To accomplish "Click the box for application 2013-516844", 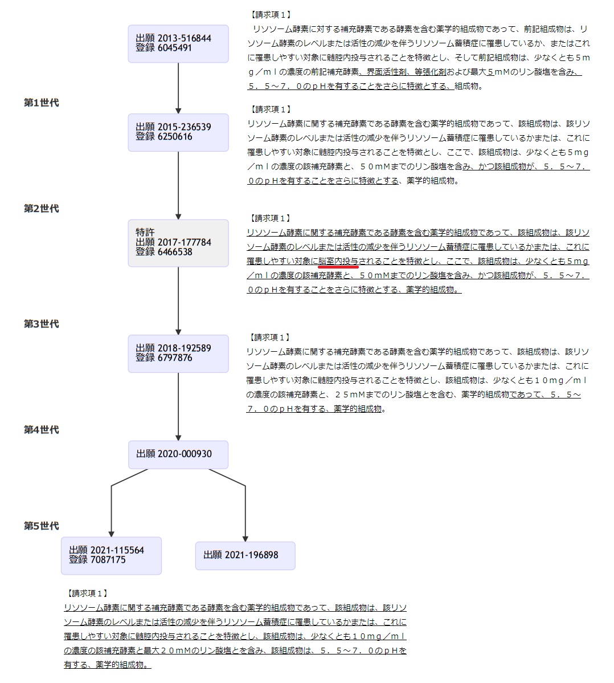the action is coord(178,43).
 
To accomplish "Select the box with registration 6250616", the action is coord(178,132).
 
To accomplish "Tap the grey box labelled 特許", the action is coord(178,243).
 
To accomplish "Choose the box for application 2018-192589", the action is coord(178,353).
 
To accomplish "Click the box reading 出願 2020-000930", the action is coord(178,454).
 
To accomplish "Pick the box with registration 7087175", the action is coord(111,555).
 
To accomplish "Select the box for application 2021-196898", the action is coord(245,555).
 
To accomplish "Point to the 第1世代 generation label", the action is coord(42,103).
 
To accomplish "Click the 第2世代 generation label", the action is coord(42,209).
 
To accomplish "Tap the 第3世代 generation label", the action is coord(42,324).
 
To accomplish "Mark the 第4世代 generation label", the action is coord(42,430).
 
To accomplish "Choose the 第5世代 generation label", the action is coord(42,526).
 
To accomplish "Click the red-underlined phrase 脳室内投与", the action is coord(338,261).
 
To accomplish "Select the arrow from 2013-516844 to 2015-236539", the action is coord(178,88).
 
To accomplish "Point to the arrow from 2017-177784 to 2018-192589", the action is coord(178,300).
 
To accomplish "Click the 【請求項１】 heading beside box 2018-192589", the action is coord(269,337).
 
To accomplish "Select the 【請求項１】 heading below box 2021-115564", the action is coord(87,593).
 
